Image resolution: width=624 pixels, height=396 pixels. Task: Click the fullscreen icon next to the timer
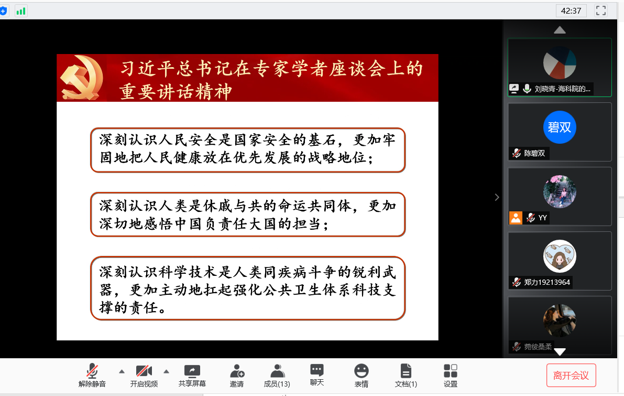(x=601, y=10)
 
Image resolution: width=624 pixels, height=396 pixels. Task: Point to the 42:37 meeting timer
(x=571, y=10)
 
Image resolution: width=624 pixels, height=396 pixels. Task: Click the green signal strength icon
(x=21, y=10)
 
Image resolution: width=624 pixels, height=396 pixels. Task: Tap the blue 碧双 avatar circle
(x=560, y=127)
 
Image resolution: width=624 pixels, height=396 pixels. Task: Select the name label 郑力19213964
(x=546, y=282)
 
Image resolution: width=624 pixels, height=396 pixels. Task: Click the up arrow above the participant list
(x=560, y=30)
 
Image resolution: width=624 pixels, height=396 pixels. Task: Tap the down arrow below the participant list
(x=560, y=352)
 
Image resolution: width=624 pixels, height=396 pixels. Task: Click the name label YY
(x=542, y=218)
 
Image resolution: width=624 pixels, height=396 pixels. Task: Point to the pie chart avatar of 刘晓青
(x=560, y=62)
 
